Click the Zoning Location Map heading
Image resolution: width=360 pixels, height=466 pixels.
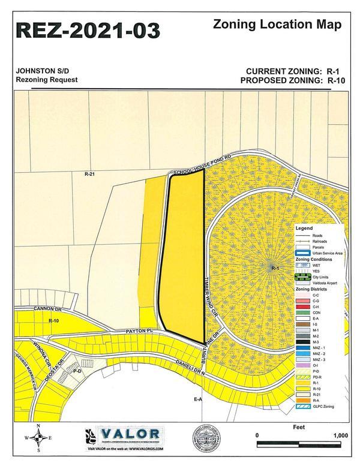(277, 25)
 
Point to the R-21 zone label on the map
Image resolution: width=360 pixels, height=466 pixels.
(90, 173)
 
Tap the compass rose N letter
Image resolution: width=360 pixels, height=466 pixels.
(39, 427)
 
